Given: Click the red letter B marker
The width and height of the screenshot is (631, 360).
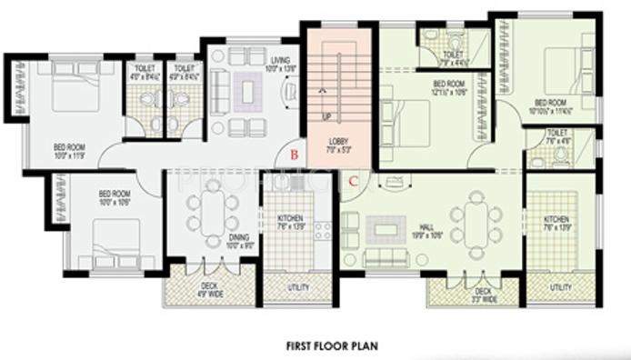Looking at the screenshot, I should pyautogui.click(x=294, y=155).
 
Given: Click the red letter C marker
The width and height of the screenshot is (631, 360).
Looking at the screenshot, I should pyautogui.click(x=351, y=180).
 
